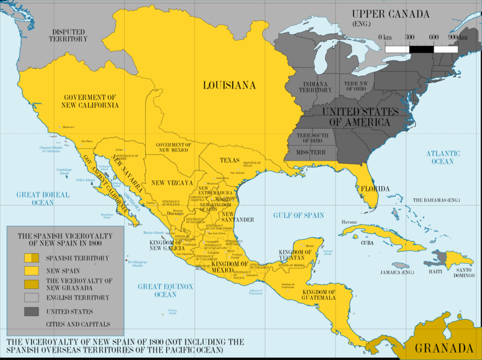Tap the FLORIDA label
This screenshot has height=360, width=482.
[375, 189]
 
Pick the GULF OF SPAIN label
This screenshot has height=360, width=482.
[298, 215]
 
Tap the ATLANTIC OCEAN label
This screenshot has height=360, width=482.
[443, 158]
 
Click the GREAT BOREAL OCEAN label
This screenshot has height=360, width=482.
[43, 199]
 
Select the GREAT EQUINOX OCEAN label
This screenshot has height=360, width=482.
[157, 291]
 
